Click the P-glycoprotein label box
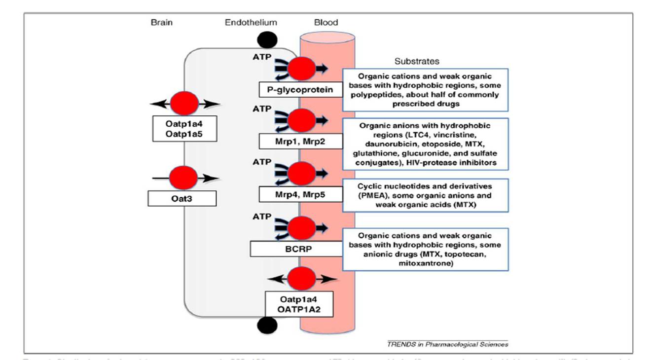tap(301, 90)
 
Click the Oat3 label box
tap(182, 199)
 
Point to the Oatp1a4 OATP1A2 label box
tap(299, 304)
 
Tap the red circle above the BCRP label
tap(301, 228)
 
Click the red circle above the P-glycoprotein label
tap(301, 69)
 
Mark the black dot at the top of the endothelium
tap(267, 39)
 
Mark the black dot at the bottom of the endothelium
tap(267, 324)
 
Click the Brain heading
tap(161, 23)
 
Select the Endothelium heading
tap(251, 23)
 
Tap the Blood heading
tap(326, 23)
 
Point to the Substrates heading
tap(417, 62)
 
